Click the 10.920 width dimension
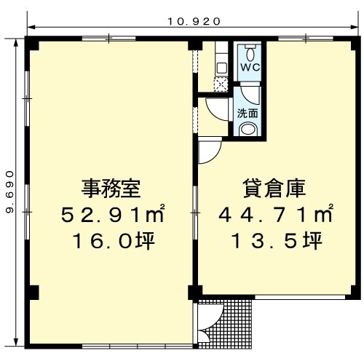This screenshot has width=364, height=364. (194, 22)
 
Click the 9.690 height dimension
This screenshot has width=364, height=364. (9, 192)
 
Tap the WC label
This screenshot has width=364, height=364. (250, 68)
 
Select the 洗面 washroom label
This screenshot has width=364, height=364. (248, 113)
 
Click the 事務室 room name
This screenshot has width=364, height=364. (111, 189)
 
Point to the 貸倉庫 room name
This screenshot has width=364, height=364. (274, 189)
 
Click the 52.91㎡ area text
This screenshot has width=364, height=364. (113, 213)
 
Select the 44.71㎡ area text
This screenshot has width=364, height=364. (275, 213)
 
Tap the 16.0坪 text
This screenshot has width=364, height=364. (114, 241)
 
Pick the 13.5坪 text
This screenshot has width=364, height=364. (277, 241)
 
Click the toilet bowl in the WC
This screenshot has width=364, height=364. (250, 54)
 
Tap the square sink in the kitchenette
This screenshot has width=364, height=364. (221, 68)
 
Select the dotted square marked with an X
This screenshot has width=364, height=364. (221, 84)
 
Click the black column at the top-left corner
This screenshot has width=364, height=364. (31, 43)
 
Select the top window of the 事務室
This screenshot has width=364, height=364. (108, 39)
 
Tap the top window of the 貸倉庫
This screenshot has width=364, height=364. (306, 39)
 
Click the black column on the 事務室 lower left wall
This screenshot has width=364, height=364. (32, 293)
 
